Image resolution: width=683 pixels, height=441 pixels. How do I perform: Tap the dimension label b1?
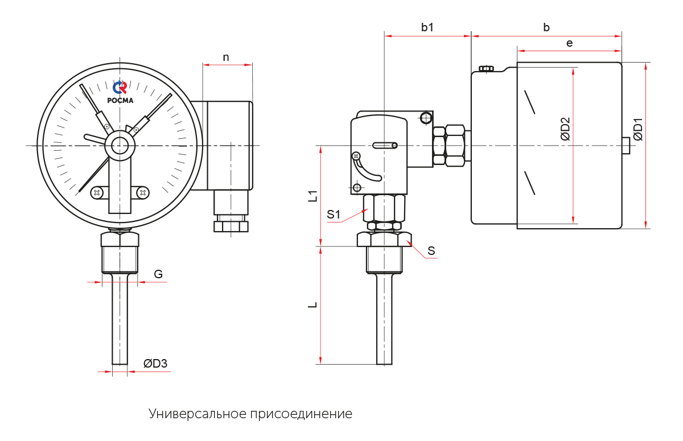tap(427, 27)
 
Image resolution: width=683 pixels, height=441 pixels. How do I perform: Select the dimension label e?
tap(569, 43)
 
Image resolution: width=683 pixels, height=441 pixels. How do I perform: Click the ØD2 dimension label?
tap(565, 129)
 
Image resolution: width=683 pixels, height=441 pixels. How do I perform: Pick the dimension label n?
tap(226, 57)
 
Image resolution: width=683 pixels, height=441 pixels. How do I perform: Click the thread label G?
tap(158, 274)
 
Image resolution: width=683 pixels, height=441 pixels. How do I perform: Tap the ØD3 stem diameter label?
tap(155, 364)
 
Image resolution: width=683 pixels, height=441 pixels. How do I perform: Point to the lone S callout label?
tap(431, 250)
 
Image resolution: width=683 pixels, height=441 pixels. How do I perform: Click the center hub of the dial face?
tap(120, 146)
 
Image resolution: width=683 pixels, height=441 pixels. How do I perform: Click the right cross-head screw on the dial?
tap(143, 193)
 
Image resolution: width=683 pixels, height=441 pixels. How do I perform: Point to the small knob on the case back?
tap(626, 146)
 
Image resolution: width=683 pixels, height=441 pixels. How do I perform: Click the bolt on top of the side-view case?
tap(487, 69)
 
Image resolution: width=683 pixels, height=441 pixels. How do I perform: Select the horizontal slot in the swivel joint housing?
tap(385, 146)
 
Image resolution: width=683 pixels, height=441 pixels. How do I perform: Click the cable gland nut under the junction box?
tap(231, 226)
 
